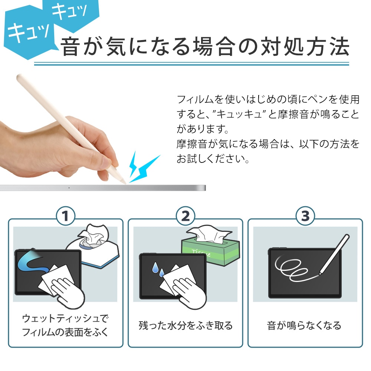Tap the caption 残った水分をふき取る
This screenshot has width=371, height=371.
(x=185, y=325)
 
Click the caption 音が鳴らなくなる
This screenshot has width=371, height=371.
(x=304, y=325)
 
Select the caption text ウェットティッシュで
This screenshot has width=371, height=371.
(x=66, y=318)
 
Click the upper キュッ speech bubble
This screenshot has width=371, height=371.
(x=69, y=14)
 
